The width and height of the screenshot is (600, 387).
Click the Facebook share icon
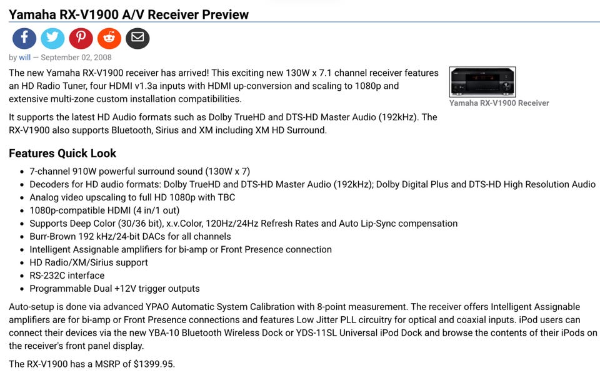coord(24,38)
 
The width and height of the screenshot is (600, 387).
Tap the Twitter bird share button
coord(52,38)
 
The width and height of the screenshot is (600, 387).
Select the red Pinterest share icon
coord(81,38)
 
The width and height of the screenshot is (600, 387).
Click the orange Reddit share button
coord(109,38)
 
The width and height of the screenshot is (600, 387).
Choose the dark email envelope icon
coord(137,38)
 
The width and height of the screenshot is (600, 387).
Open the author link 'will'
coord(24,58)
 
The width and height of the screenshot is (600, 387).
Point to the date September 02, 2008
coord(76,58)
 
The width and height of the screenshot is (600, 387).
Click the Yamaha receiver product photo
coord(482,82)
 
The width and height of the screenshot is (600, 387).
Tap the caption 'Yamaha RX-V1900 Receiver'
coord(499,103)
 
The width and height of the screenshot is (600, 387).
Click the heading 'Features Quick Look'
coord(62,153)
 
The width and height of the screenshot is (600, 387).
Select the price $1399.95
coord(154,364)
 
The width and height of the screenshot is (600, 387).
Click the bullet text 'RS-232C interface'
coord(67,276)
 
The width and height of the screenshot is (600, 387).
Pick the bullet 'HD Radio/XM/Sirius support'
coord(88,262)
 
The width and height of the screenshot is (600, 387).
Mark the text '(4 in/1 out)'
coord(156,210)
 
